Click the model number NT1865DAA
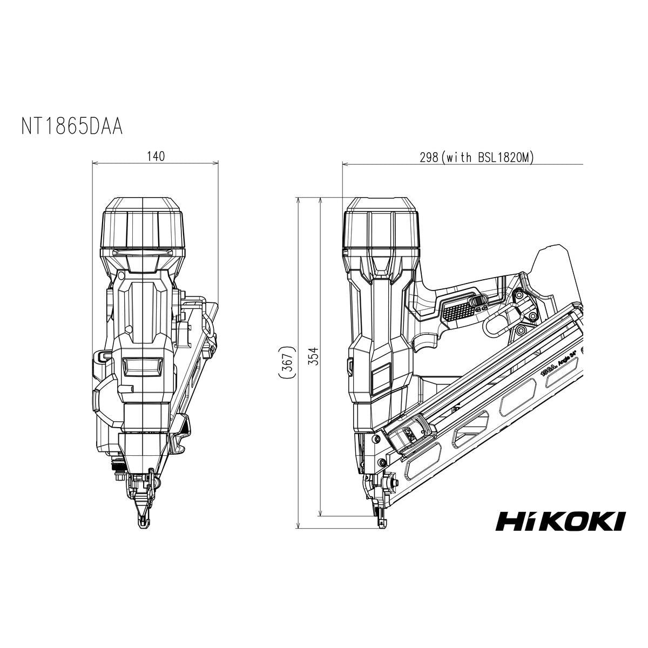coord(72,126)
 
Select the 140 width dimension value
coord(156,156)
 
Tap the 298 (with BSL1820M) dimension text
coord(477,157)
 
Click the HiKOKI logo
coord(560,521)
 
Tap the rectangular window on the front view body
coord(142,367)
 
